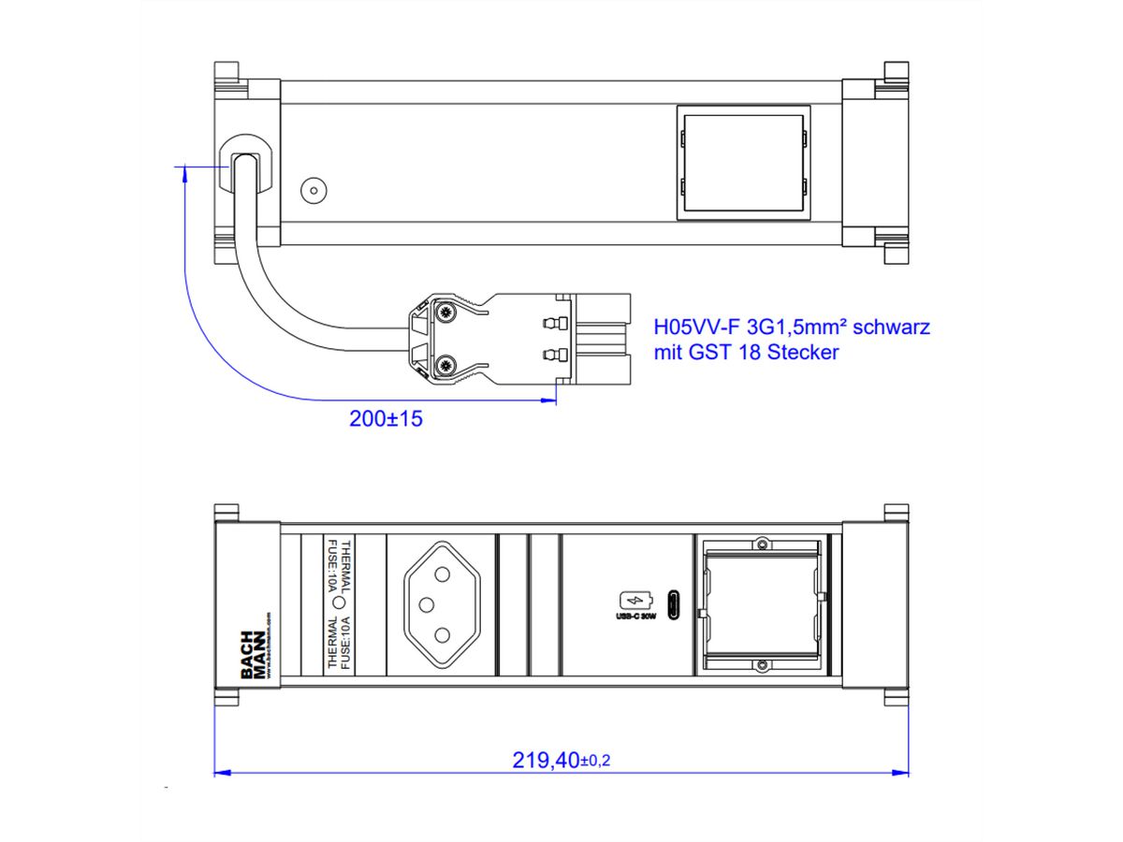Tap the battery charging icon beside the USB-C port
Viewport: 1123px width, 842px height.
(x=633, y=600)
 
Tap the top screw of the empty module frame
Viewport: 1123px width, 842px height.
(x=763, y=544)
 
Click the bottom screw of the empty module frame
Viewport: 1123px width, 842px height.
(x=763, y=665)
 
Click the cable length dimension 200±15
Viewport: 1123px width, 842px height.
(x=386, y=419)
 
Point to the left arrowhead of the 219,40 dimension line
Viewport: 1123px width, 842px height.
(x=222, y=773)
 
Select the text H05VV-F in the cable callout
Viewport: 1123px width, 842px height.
(x=691, y=327)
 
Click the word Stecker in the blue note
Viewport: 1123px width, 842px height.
(x=804, y=353)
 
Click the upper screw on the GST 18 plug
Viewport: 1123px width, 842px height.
(x=446, y=312)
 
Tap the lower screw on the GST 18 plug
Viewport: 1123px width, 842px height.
(x=446, y=366)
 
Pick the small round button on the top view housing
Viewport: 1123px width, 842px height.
(x=312, y=192)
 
